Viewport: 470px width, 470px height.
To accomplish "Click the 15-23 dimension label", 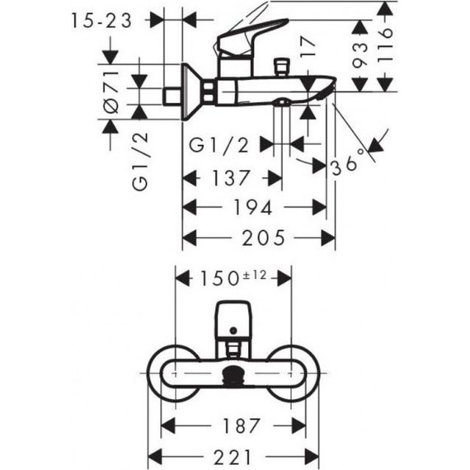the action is [x=101, y=21].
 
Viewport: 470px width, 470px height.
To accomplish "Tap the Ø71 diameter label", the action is [x=111, y=92].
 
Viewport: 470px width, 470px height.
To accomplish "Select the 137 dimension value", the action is [x=231, y=178].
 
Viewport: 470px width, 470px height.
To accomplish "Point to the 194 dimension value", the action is [x=252, y=207].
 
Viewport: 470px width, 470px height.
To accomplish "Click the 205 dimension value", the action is [x=264, y=238].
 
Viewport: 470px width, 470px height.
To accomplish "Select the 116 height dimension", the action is [x=385, y=45].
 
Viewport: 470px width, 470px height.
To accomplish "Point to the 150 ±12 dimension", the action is [x=233, y=278].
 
